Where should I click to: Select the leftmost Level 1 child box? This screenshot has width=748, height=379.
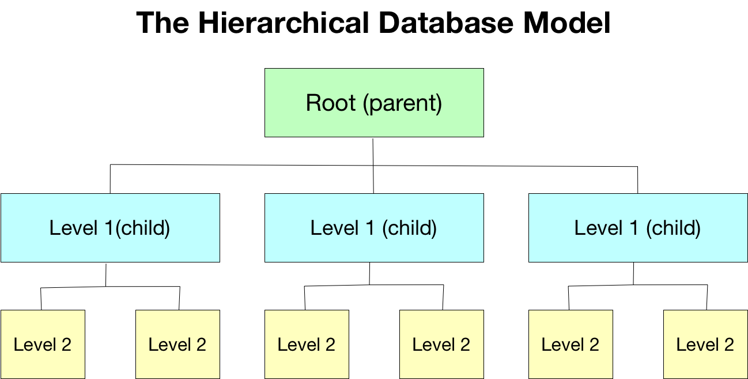pyautogui.click(x=110, y=228)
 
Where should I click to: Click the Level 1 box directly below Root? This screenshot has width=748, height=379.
pyautogui.click(x=374, y=228)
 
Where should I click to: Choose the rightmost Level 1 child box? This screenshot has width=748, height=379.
pyautogui.click(x=638, y=228)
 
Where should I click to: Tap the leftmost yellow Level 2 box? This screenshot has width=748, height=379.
pyautogui.click(x=43, y=344)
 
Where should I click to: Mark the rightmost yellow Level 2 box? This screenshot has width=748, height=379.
pyautogui.click(x=705, y=344)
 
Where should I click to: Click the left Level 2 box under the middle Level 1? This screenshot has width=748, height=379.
pyautogui.click(x=307, y=344)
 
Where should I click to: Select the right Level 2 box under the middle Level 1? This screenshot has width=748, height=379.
pyautogui.click(x=441, y=344)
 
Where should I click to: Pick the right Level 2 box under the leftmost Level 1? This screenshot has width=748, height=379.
pyautogui.click(x=177, y=344)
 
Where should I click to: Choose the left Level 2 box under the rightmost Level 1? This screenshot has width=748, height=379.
pyautogui.click(x=571, y=344)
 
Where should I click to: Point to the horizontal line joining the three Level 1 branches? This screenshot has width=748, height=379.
pyautogui.click(x=242, y=165)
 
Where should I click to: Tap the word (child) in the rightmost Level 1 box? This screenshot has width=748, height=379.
pyautogui.click(x=673, y=228)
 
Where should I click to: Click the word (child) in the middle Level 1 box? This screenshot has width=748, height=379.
pyautogui.click(x=409, y=228)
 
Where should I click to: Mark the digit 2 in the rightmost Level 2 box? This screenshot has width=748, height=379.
pyautogui.click(x=728, y=345)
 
